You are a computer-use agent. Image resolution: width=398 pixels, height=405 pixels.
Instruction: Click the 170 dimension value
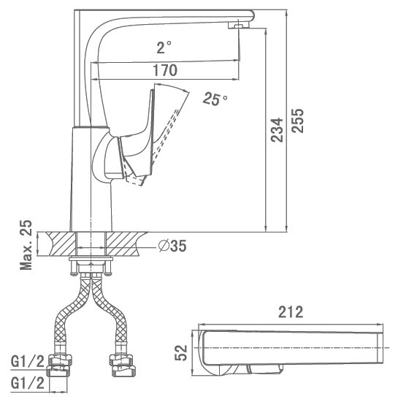pyautogui.click(x=165, y=70)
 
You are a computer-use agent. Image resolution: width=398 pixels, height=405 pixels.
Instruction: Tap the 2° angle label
pyautogui.click(x=164, y=48)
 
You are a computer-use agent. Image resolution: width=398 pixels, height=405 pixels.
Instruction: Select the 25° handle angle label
pyautogui.click(x=215, y=99)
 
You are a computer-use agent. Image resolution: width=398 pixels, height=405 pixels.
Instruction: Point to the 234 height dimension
pyautogui.click(x=277, y=130)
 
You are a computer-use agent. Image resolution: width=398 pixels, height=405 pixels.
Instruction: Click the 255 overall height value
pyautogui.click(x=298, y=121)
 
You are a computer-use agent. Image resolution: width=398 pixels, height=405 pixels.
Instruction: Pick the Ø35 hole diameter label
pyautogui.click(x=172, y=246)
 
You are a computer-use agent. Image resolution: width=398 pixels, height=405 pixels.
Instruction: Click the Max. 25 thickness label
pyautogui.click(x=26, y=245)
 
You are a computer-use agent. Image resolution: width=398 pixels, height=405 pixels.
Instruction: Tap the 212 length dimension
pyautogui.click(x=291, y=312)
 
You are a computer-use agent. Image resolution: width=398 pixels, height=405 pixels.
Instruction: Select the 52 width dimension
pyautogui.click(x=181, y=353)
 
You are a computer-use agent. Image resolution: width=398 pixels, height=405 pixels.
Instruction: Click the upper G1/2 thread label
pyautogui.click(x=28, y=361)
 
